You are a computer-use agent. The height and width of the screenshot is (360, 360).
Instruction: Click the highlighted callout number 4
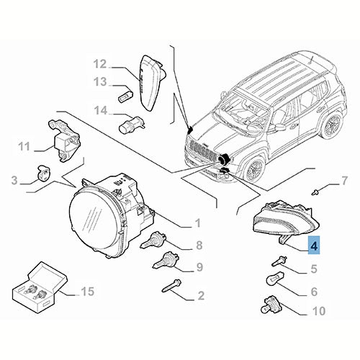314,246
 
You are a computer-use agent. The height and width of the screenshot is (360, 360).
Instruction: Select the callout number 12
100,63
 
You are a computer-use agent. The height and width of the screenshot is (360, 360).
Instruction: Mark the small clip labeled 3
43,174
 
